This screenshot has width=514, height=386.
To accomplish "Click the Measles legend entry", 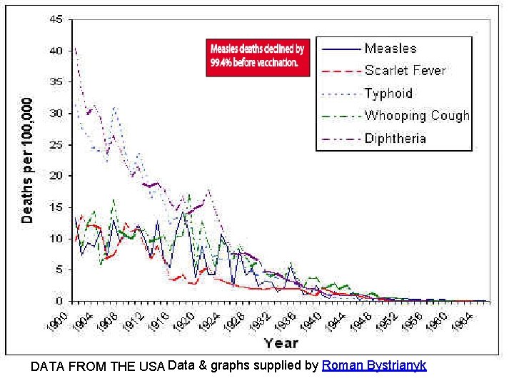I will (x=390, y=49).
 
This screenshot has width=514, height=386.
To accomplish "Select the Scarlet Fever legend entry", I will (x=405, y=71).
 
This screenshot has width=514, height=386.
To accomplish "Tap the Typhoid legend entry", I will (x=388, y=93).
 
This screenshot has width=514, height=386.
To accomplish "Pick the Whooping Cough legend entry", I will (x=417, y=115).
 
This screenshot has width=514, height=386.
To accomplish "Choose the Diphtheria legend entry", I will (x=395, y=138).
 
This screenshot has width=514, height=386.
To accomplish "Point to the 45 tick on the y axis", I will (x=56, y=19).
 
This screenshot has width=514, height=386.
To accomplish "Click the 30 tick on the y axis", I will (x=56, y=113).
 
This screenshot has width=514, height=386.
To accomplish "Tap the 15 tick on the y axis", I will (x=56, y=207).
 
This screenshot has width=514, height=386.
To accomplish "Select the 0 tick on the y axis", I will (x=59, y=300).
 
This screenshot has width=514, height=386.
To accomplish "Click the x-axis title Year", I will (x=281, y=342).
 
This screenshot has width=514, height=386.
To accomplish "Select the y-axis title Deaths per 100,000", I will (x=27, y=160).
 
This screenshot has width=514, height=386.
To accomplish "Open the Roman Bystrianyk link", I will (x=374, y=365).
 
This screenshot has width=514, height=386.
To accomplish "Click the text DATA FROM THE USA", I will (x=99, y=367).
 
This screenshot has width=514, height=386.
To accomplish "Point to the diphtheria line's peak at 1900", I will (x=75, y=49).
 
